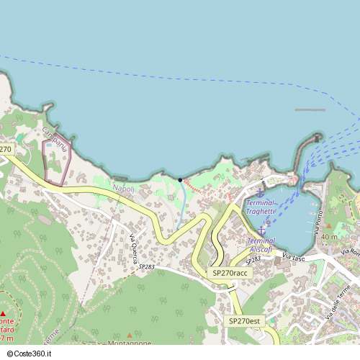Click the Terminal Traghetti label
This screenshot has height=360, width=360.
point(260,207)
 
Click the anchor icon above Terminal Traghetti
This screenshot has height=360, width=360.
point(261,192)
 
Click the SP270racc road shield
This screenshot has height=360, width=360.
point(230,274)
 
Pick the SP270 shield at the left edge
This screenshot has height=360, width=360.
point(6,149)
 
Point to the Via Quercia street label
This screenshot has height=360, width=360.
point(133,248)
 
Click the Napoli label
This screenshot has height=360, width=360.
point(123,188)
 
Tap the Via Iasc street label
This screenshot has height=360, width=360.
point(294,257)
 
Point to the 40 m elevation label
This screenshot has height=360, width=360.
point(329,237)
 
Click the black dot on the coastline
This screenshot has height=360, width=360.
point(179,179)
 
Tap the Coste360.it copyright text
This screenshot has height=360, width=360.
point(31,354)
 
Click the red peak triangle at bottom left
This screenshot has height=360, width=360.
point(4,313)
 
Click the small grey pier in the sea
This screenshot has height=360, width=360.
point(310,110)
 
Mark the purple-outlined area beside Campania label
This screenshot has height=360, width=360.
point(57,161)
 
